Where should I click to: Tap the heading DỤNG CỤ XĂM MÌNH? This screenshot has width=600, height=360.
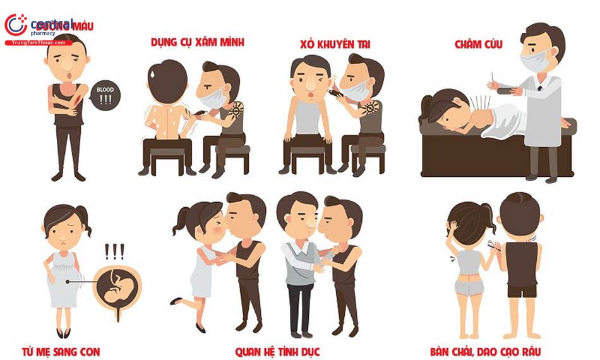pyautogui.click(x=197, y=43)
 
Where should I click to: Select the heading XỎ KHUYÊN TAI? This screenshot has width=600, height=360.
pyautogui.click(x=335, y=44)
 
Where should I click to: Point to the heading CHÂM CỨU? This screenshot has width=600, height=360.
pyautogui.click(x=478, y=44)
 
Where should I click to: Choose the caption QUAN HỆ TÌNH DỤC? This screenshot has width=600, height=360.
pyautogui.click(x=277, y=351)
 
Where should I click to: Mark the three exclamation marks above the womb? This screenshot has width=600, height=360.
pyautogui.click(x=114, y=252)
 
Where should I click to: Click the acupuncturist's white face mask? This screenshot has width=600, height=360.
pyautogui.click(x=534, y=61)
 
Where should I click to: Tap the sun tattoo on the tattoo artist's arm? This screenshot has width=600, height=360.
pyautogui.click(x=235, y=111)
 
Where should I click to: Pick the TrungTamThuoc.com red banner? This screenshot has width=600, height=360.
pyautogui.click(x=38, y=43)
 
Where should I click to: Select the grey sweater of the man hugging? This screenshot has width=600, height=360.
pyautogui.click(x=297, y=262)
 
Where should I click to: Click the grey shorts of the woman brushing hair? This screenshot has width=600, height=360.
pyautogui.click(x=469, y=285)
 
